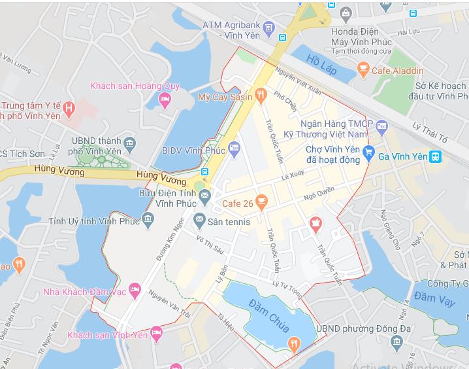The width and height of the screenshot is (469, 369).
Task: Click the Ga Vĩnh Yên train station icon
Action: point(436,156)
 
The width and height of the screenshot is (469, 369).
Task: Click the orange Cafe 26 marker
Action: point(261,203)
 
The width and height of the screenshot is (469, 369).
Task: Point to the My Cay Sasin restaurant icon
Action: point(261,97)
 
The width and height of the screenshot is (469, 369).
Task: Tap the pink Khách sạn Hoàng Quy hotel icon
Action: point(165,99)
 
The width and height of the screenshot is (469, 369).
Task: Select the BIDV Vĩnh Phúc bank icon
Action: point(234,146)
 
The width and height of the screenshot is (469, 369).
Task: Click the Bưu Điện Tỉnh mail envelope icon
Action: point(204,194)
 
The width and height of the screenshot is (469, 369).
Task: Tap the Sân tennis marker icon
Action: point(199,222)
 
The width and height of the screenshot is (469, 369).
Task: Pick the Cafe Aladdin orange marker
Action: point(363,69)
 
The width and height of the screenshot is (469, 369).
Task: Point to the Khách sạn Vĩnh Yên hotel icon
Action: point(156,334)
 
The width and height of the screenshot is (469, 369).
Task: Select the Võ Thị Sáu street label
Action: point(210,245)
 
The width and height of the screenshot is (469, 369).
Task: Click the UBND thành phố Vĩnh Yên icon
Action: point(129,144)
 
